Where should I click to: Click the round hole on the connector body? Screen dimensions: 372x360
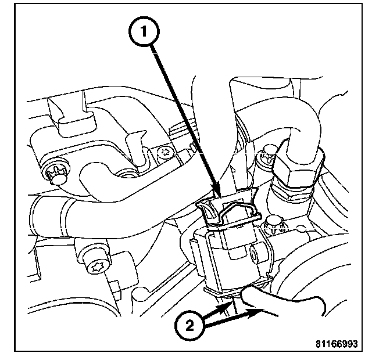tap(255, 254)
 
